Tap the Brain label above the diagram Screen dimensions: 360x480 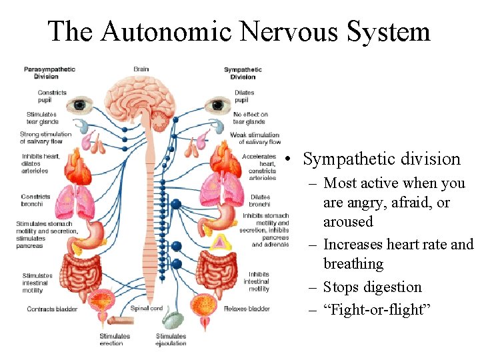[141, 69]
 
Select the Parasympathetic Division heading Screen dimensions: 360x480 [50, 73]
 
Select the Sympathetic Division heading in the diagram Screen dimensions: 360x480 [243, 73]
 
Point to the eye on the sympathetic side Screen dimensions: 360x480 [216, 105]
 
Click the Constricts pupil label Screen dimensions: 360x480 [52, 96]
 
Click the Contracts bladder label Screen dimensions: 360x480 [52, 309]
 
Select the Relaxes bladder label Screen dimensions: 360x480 [247, 309]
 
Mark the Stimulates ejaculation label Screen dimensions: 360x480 [171, 340]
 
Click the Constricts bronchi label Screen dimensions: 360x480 [35, 200]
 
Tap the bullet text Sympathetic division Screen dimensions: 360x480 [381, 159]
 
